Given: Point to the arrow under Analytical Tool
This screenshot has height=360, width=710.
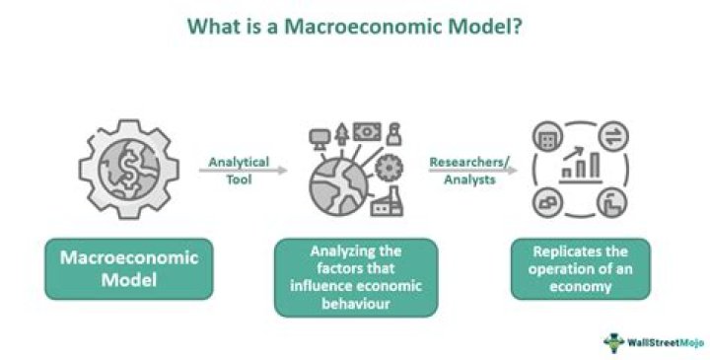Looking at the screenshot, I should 243,171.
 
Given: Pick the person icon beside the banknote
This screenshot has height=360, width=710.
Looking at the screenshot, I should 393,131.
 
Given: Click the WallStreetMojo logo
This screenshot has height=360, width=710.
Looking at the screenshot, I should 650,340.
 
